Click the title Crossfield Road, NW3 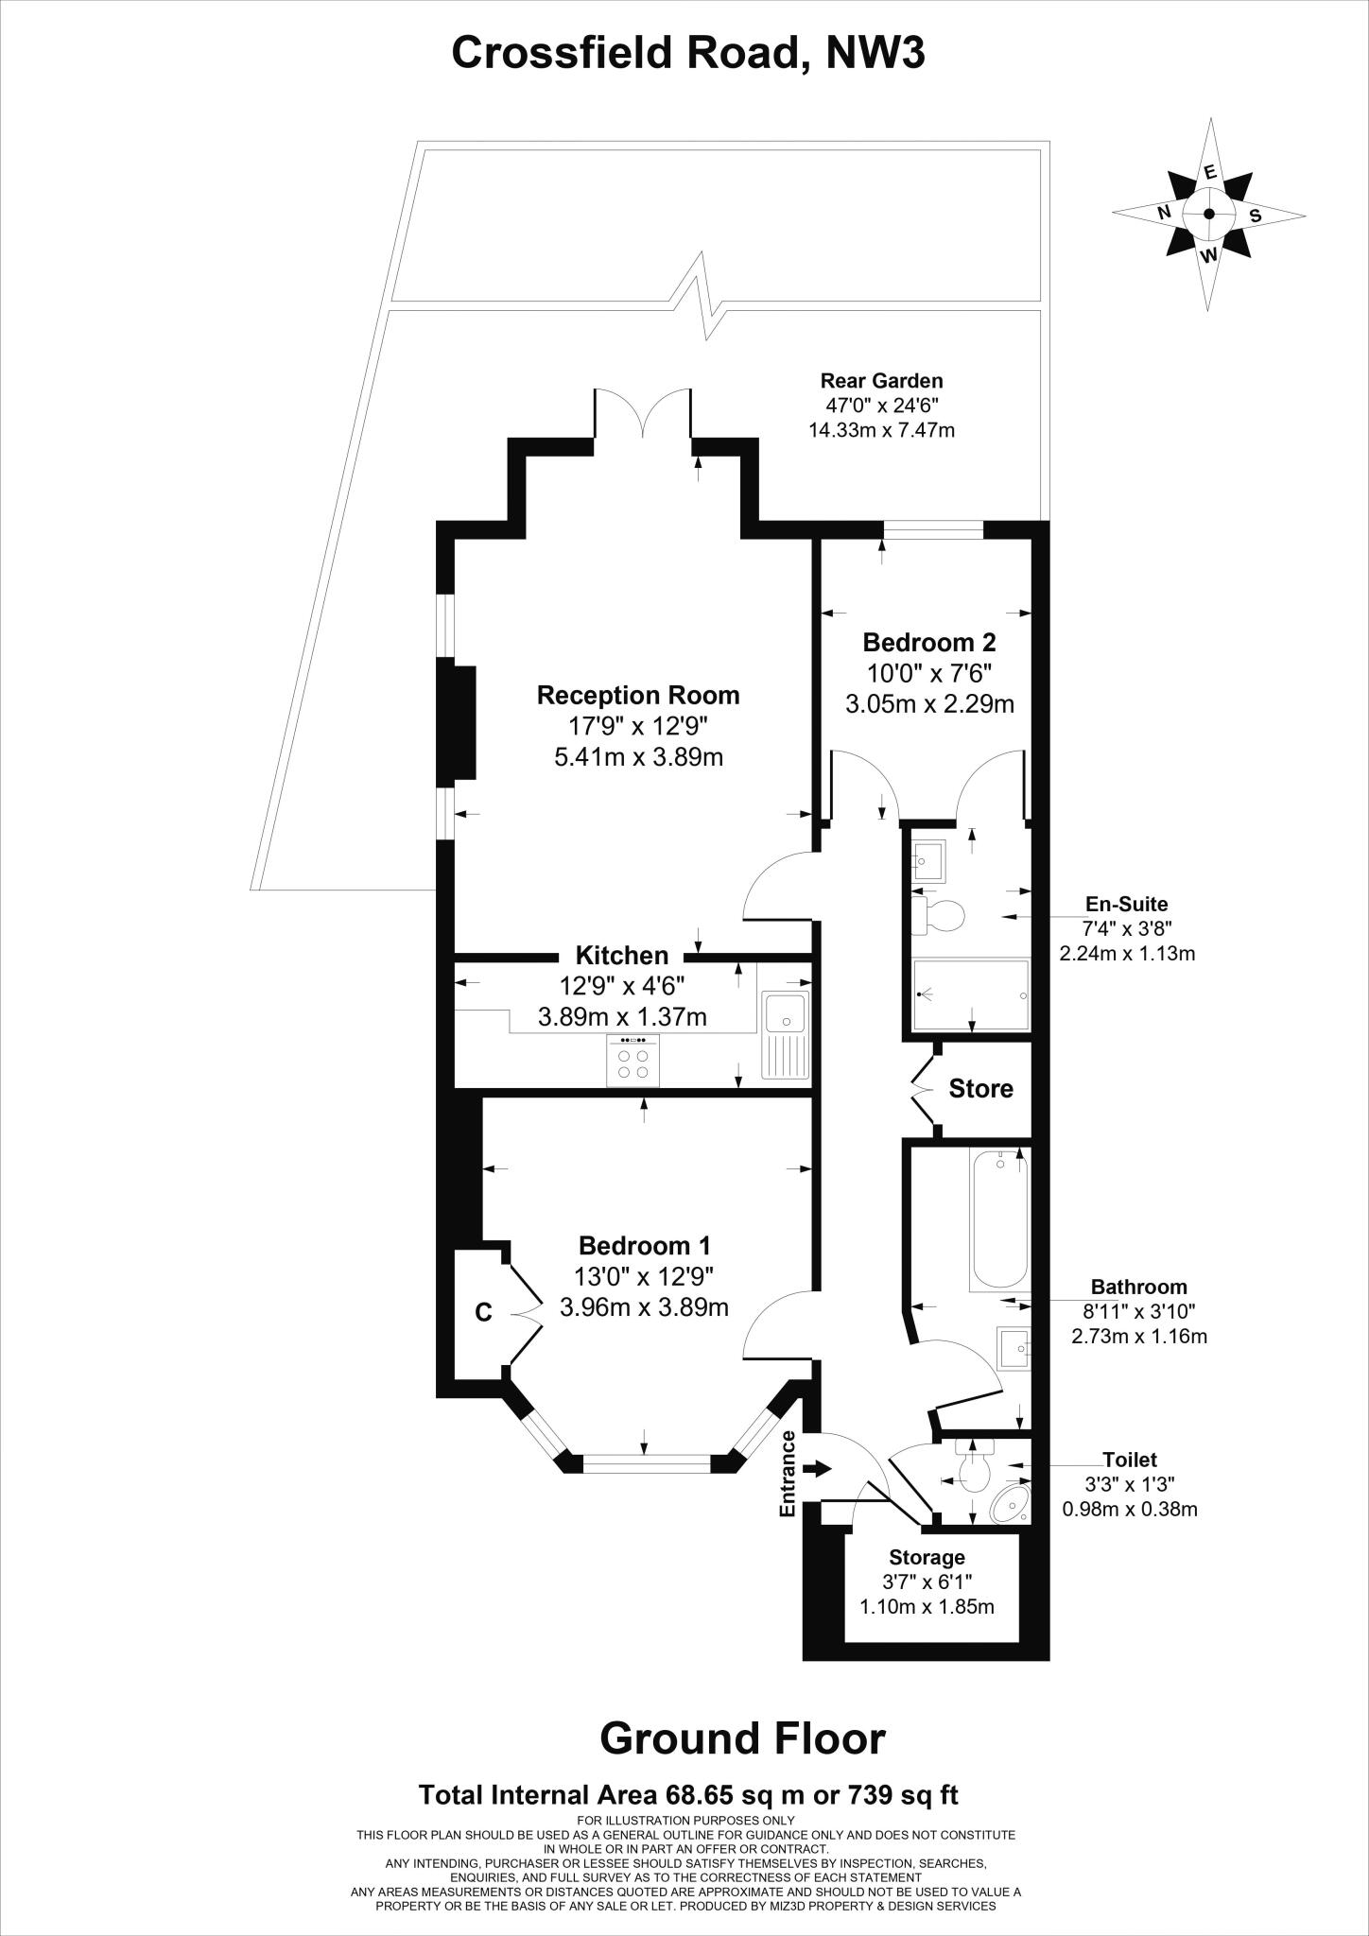(x=687, y=53)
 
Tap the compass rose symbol (x=1209, y=214)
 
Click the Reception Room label (x=638, y=696)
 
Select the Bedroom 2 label (x=928, y=643)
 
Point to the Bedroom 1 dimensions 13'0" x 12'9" (x=644, y=1276)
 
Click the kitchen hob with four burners (x=633, y=1060)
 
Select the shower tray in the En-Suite (x=971, y=995)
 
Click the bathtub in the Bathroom (x=998, y=1219)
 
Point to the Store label (x=980, y=1089)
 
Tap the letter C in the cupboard (x=483, y=1312)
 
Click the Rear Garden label (x=881, y=381)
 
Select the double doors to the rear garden (x=643, y=413)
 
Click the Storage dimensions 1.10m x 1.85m (x=927, y=1606)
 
